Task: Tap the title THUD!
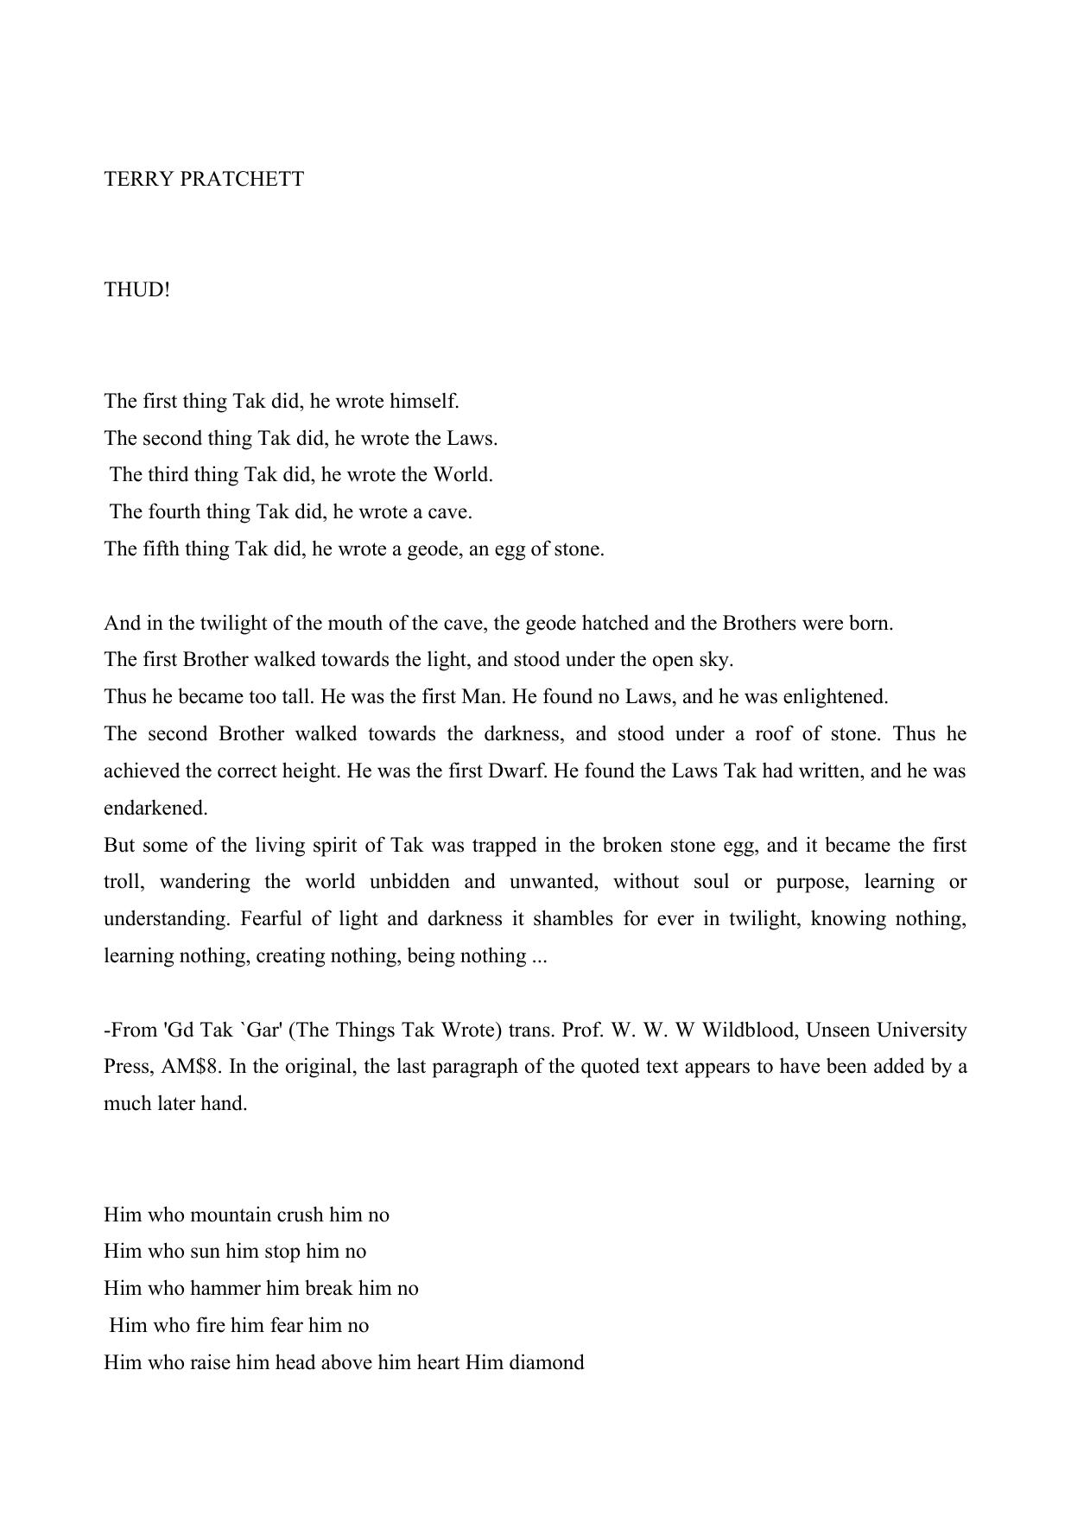[x=137, y=290]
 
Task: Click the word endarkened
[x=155, y=808]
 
